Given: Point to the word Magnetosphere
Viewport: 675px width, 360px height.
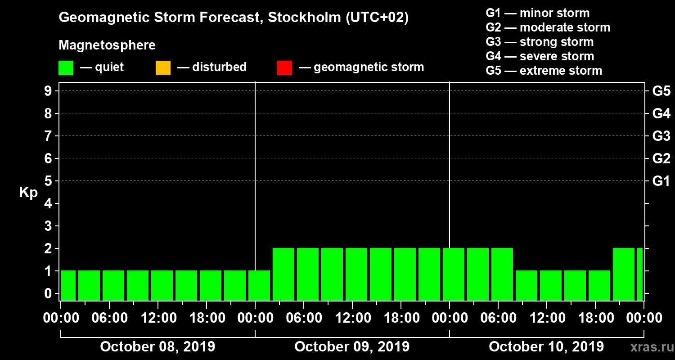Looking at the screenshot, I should pos(107,45).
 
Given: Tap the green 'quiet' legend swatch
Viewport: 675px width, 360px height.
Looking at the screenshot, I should pos(66,68).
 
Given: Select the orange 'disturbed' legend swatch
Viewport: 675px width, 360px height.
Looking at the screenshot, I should pos(163,68).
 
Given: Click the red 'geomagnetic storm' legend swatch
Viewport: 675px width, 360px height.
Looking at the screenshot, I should pos(284,68).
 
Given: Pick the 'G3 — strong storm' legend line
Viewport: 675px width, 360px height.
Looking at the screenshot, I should pos(540,42).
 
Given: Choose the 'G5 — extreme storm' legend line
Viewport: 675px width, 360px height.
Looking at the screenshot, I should pos(544,71).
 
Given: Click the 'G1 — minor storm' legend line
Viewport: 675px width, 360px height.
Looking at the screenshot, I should pos(537,13).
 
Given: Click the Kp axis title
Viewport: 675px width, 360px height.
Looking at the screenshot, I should pos(28,193).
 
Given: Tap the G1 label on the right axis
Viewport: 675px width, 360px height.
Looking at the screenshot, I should pos(661,181).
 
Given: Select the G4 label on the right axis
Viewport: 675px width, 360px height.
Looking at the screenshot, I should pos(661,113).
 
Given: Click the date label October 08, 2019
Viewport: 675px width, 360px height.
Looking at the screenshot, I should pos(157,347).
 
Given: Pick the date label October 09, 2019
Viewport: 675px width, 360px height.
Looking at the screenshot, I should pos(352,347).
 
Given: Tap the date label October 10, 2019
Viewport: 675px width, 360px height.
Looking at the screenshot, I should pos(546,347).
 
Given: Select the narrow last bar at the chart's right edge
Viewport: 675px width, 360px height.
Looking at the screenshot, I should pos(639,274).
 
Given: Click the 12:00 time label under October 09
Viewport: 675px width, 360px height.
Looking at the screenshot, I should pos(352,318).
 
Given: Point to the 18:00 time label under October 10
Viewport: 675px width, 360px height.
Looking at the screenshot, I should pos(595,318).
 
